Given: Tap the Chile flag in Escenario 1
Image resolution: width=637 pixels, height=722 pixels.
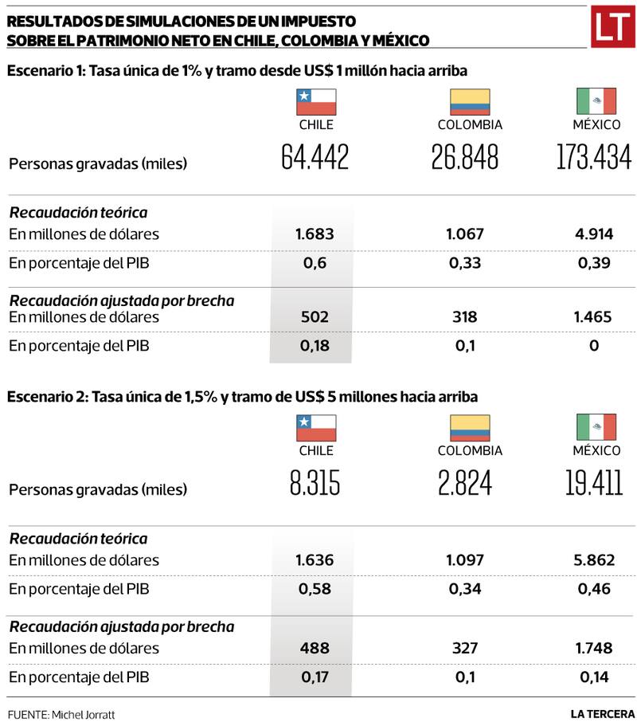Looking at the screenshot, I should (316, 102).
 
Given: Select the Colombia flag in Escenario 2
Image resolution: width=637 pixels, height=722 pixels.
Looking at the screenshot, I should (470, 428).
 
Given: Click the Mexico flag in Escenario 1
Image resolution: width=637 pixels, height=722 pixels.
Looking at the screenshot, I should (596, 102).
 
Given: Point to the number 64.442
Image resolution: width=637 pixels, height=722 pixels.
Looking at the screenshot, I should (315, 158).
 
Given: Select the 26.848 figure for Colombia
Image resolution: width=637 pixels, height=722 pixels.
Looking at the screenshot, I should (465, 158).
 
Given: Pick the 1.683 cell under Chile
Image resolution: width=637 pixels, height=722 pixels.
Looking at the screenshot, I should (314, 234).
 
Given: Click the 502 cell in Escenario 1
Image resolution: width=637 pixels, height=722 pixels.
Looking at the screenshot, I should (314, 317).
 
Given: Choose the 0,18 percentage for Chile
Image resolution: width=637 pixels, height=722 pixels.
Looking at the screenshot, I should (314, 346).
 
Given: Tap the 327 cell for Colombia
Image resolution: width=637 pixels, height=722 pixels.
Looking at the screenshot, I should (465, 648).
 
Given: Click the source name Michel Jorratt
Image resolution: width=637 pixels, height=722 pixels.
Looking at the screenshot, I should (83, 714).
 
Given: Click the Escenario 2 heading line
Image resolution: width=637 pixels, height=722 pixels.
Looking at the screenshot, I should (243, 397).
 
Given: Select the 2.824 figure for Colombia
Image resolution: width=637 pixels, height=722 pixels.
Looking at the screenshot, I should (465, 483).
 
